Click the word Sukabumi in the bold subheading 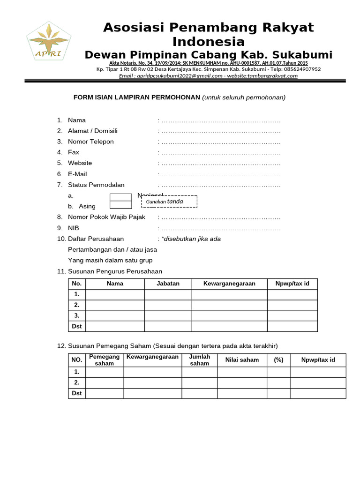coord(304,55)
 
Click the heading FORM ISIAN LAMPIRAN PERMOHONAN coord(137,97)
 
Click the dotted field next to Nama coord(221,120)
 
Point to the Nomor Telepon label coord(90,142)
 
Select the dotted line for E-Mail coord(221,174)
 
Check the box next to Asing coord(121,205)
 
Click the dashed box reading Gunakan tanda coord(169,202)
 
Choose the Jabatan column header coord(168,284)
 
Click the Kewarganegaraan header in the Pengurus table coord(229,284)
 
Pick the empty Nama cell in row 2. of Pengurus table coord(115,305)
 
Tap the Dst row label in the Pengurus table coord(77,326)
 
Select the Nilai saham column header coord(242,360)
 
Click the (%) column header coord(278,360)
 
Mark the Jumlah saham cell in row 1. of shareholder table coord(199,372)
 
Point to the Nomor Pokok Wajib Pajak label coord(106,217)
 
